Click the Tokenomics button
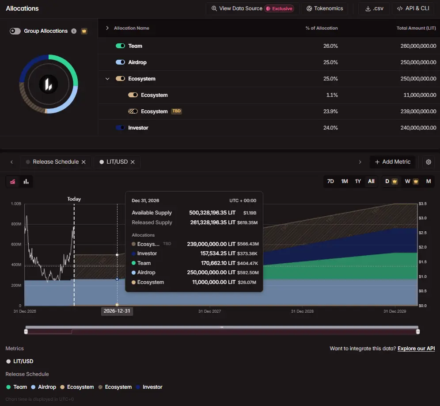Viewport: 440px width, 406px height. coord(324,8)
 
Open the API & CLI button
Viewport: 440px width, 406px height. coord(413,8)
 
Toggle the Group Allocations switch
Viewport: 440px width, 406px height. coord(15,31)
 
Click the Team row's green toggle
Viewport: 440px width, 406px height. coord(121,46)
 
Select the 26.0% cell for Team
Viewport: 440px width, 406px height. coord(330,46)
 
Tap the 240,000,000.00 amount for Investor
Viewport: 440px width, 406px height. coord(418,127)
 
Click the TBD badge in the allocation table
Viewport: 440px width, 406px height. coord(177,111)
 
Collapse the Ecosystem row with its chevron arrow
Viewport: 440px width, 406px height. coord(107,79)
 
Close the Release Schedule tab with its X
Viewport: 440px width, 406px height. coord(83,162)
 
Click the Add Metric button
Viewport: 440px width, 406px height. coord(393,162)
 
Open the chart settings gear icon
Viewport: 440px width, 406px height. coord(428,162)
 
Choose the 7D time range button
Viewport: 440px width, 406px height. coord(330,181)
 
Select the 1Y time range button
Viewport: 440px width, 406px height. coord(358,181)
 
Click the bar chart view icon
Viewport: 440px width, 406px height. coord(26,181)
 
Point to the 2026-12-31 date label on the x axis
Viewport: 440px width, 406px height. coord(117,311)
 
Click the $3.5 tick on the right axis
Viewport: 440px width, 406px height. coord(422,204)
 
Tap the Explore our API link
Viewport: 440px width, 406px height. coord(416,349)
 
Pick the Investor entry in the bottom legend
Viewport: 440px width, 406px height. coord(149,387)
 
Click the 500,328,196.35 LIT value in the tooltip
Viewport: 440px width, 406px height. coord(212,213)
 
